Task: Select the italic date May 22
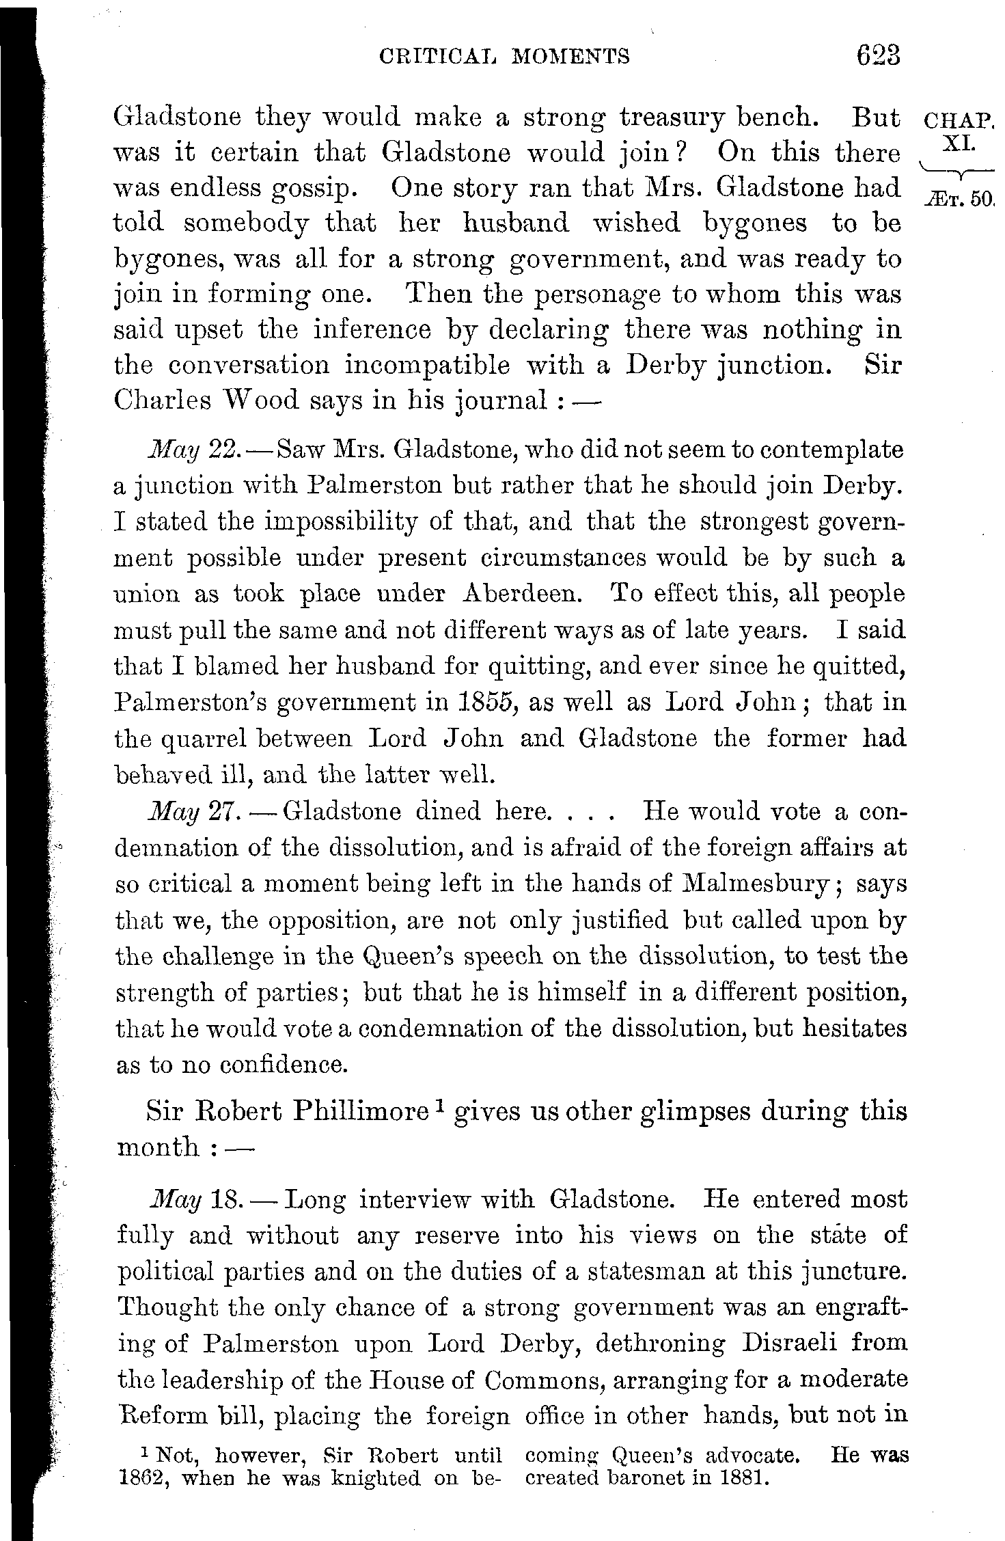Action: click(x=193, y=451)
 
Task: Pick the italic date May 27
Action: click(x=193, y=811)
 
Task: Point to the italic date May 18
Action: click(x=193, y=1199)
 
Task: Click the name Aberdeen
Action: click(x=522, y=593)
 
